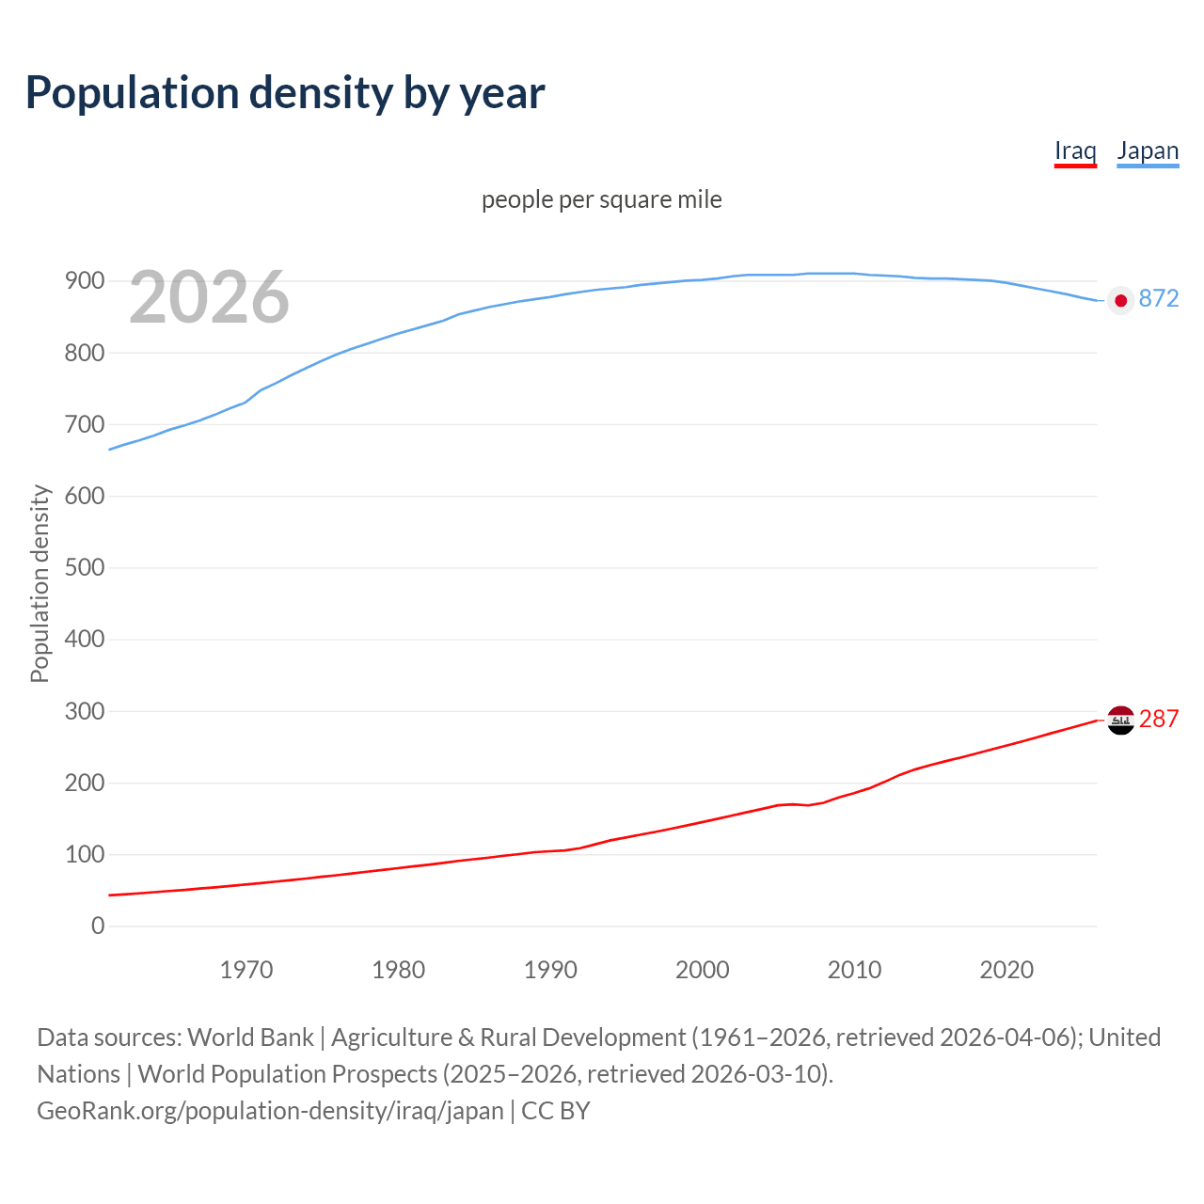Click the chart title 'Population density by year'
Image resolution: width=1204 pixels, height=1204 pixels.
point(285,93)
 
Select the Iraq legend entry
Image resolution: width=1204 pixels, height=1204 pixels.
point(1075,151)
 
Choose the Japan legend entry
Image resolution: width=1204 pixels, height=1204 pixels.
point(1148,151)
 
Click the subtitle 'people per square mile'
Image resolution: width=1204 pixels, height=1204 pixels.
point(601,200)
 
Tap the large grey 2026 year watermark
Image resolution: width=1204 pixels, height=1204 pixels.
point(209,297)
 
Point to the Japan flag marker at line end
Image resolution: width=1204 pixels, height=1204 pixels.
point(1120,300)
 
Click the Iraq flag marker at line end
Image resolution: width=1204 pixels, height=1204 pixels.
point(1120,720)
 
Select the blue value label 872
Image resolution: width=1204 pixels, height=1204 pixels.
point(1158,299)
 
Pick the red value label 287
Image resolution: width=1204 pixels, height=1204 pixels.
point(1158,720)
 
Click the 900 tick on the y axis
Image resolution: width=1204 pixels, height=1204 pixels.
point(85,281)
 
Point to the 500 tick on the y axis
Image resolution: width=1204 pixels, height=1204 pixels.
point(85,568)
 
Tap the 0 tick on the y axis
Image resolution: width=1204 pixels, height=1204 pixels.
point(98,927)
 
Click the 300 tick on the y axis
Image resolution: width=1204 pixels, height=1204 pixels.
point(85,712)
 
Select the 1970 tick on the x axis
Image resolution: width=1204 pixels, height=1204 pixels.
point(246,970)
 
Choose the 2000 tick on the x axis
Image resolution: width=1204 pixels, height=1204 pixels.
point(703,970)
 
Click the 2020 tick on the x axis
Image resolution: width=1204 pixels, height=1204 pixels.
point(1006,970)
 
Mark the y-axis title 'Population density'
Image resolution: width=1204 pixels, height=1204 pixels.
point(40,583)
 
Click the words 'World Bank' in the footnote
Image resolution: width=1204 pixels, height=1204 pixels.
point(250,1038)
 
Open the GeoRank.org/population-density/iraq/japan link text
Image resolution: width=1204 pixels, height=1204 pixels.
point(270,1111)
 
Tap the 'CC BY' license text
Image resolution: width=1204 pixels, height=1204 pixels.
point(556,1111)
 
